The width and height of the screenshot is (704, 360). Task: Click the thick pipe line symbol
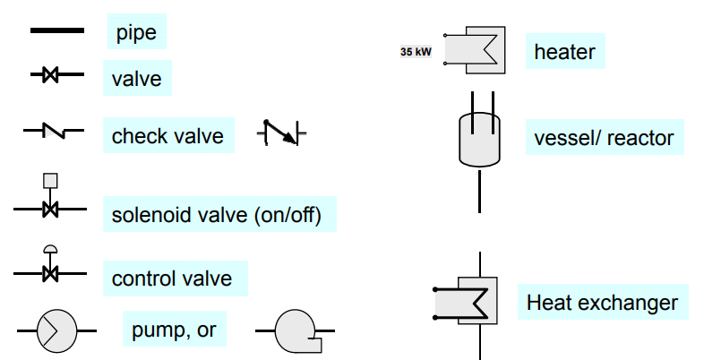(x=57, y=30)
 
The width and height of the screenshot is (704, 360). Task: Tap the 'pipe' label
(x=136, y=32)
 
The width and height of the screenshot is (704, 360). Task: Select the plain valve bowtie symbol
(x=50, y=74)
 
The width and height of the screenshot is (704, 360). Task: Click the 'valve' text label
(x=136, y=79)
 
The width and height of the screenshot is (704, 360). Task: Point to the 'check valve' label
(x=167, y=136)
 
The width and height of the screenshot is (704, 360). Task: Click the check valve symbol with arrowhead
(x=281, y=133)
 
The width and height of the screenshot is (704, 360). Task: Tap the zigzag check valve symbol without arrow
(x=54, y=130)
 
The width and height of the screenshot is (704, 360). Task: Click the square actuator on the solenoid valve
(x=50, y=181)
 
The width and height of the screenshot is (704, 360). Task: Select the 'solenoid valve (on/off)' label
(x=217, y=215)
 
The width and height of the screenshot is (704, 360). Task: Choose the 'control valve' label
(x=172, y=279)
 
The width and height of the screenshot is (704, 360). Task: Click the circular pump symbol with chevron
(x=57, y=330)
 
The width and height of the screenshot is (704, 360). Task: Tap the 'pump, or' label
(x=174, y=330)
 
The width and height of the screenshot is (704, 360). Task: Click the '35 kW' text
(x=416, y=52)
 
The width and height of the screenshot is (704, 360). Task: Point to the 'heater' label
(x=565, y=52)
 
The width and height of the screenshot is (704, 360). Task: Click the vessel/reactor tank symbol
(x=479, y=139)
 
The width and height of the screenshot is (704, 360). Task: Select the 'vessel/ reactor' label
(x=604, y=138)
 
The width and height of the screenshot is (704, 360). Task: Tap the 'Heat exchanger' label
(x=602, y=303)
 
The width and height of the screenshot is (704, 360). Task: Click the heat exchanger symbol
(x=467, y=301)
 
